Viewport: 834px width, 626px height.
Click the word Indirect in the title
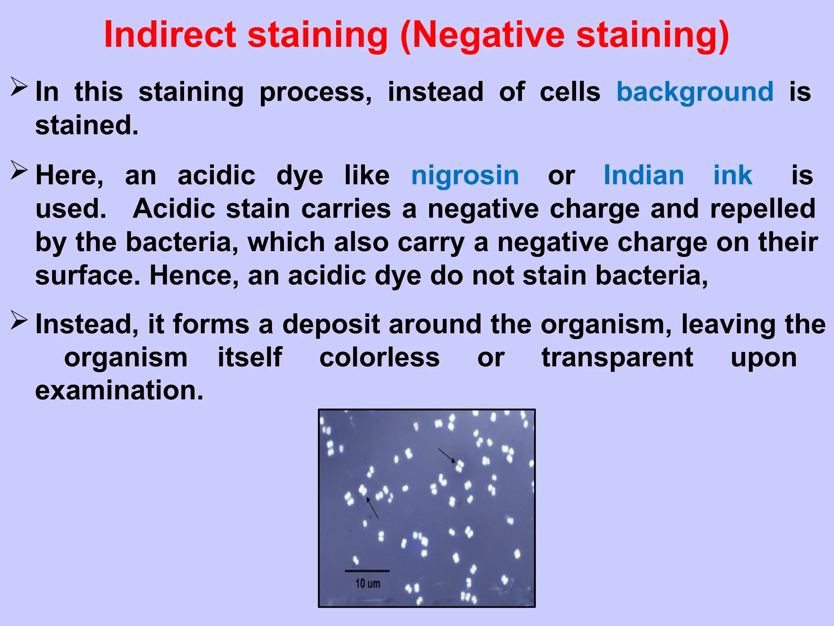[x=170, y=35]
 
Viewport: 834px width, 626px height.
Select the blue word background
[x=695, y=92]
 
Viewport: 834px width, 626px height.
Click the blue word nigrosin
[x=465, y=176]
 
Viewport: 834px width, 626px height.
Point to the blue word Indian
[x=643, y=176]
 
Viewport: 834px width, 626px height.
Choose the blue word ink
[x=733, y=176]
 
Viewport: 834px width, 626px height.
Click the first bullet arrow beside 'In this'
[x=19, y=87]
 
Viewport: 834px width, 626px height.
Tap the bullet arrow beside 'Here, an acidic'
[x=19, y=170]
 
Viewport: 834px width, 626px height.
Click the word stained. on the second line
[x=87, y=125]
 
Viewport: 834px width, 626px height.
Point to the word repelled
[x=763, y=209]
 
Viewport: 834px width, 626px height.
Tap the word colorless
[x=379, y=357]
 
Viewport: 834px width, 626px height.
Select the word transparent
[x=617, y=357]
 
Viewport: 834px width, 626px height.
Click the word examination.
[x=119, y=390]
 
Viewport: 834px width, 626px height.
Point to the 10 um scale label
[x=368, y=584]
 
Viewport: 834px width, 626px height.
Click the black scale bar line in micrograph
[x=367, y=571]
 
